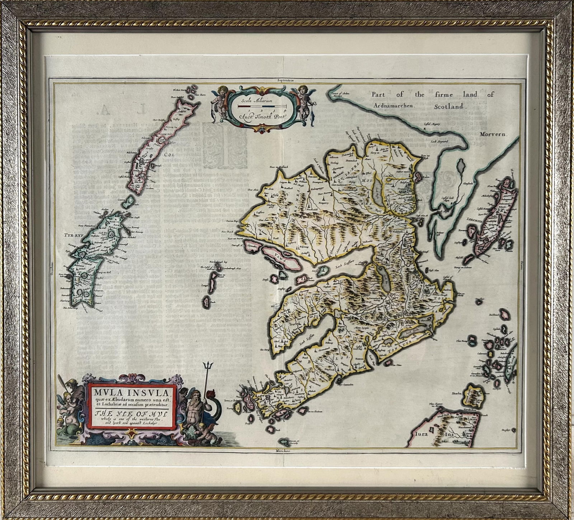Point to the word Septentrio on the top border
click(286, 81)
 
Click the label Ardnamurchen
click(394, 106)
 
